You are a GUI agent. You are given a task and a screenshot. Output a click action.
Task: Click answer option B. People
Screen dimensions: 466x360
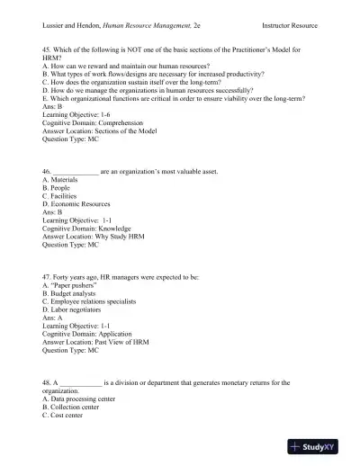(59, 188)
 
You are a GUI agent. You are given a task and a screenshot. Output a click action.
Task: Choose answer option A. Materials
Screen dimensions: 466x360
(65, 179)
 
